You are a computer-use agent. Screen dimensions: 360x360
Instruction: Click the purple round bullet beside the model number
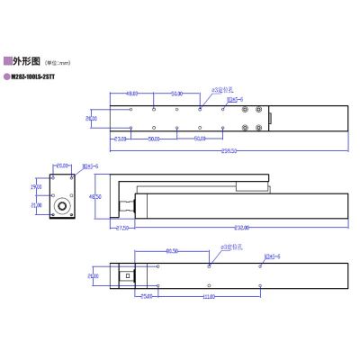(8, 77)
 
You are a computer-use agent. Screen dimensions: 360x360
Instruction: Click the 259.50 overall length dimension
(230, 150)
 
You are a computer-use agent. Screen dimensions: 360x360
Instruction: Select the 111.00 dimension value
(209, 296)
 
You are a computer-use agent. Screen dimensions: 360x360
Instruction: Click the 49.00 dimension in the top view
(131, 93)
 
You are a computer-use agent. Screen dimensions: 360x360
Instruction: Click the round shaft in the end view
(63, 205)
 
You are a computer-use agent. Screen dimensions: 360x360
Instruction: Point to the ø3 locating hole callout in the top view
(221, 91)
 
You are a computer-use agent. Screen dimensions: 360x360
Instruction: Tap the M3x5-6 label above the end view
(91, 166)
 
